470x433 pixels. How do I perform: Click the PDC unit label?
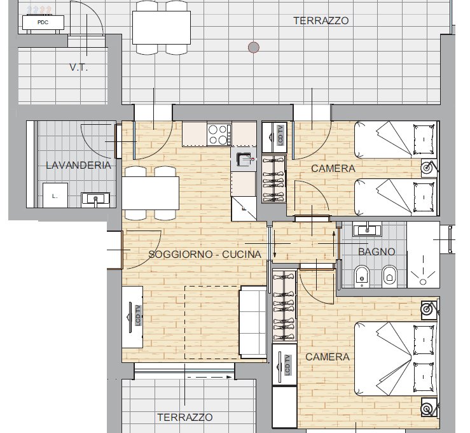point(43,22)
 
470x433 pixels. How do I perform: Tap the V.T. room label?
point(78,67)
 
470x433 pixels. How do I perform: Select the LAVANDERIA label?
point(78,166)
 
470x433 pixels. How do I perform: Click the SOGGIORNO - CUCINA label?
point(205,255)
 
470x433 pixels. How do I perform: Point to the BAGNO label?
point(377,252)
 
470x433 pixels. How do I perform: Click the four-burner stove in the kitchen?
point(219,135)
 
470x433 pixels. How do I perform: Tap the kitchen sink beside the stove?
point(244,159)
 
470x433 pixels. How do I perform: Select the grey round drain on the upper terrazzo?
point(254,47)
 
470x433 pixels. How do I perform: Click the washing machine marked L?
point(55,195)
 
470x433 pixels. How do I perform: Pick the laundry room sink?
point(95,199)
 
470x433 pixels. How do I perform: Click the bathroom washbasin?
point(367,229)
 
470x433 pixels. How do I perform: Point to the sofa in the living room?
point(253,322)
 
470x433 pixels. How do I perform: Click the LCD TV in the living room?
point(132,317)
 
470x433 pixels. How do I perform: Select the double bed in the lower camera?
point(396,358)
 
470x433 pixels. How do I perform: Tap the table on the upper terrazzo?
point(162,27)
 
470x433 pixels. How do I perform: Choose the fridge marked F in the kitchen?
point(244,209)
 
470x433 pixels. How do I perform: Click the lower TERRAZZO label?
point(185,417)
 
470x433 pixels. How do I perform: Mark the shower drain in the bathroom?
point(423,281)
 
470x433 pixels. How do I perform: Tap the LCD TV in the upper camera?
point(274,138)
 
